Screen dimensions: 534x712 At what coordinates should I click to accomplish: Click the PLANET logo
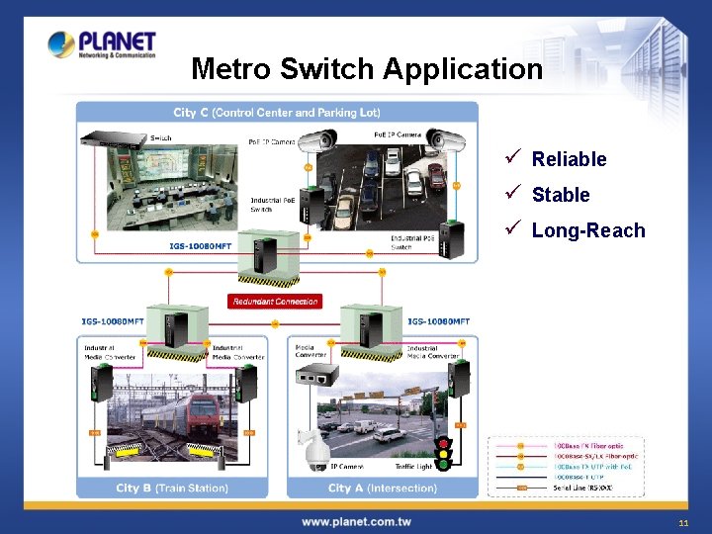(103, 44)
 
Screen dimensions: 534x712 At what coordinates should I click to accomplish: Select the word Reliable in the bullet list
(569, 159)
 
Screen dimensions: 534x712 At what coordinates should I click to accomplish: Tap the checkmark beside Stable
(511, 194)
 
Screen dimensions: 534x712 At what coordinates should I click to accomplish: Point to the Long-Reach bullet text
(587, 230)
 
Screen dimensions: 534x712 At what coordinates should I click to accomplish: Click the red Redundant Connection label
(275, 301)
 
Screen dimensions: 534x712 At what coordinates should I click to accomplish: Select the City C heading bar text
(277, 113)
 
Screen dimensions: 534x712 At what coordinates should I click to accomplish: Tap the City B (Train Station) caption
(172, 488)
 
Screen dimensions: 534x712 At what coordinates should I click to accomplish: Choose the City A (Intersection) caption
(382, 488)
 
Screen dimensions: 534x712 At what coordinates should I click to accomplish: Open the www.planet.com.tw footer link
(356, 521)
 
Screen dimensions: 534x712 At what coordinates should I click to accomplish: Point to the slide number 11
(683, 522)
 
